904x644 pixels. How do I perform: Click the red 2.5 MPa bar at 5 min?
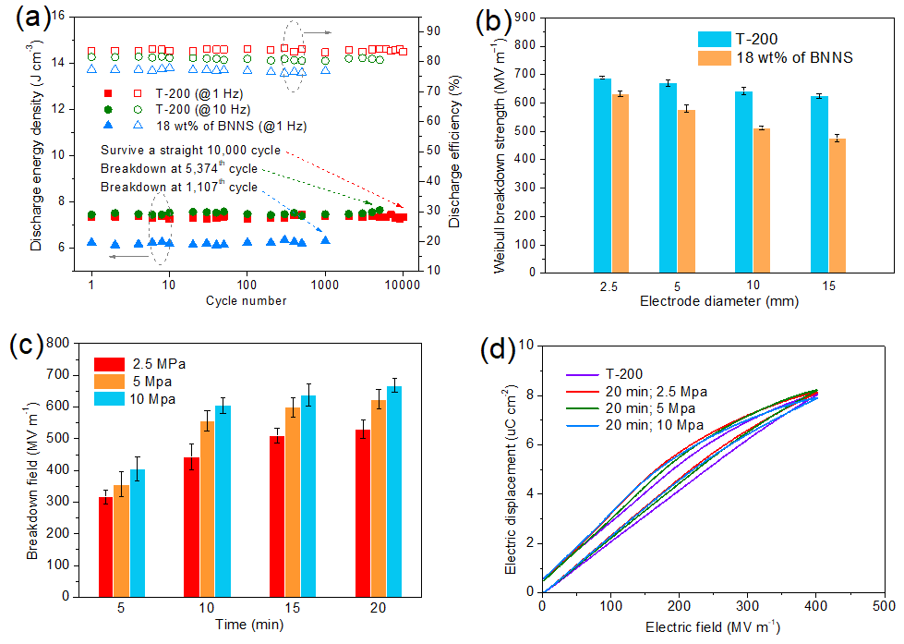pos(105,546)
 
